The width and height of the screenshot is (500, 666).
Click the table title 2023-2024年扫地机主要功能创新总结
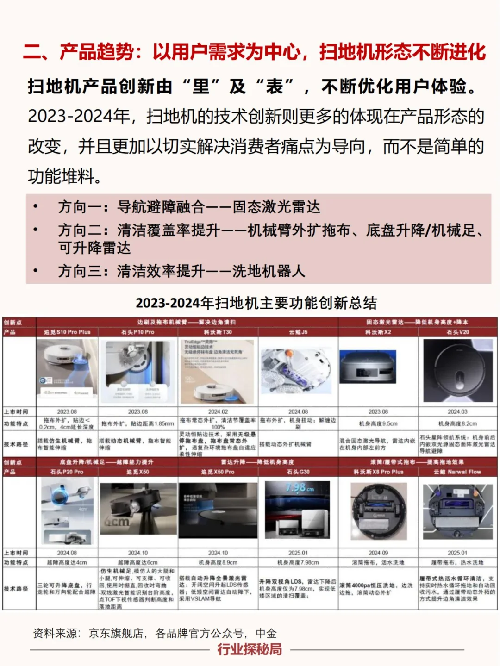click(x=256, y=303)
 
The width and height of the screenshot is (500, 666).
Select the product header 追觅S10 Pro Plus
click(x=67, y=332)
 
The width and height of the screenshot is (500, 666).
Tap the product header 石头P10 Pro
click(x=137, y=332)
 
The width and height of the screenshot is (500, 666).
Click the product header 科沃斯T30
click(x=218, y=332)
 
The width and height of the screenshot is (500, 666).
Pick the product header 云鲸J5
click(x=298, y=332)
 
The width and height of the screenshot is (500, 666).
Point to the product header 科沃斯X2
click(x=378, y=332)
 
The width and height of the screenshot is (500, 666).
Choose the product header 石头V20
click(x=457, y=332)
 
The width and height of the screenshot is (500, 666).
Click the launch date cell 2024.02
click(x=218, y=411)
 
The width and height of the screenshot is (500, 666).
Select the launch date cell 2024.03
click(x=457, y=411)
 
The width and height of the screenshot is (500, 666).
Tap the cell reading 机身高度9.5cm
click(x=378, y=423)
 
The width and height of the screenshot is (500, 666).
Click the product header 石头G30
click(x=298, y=472)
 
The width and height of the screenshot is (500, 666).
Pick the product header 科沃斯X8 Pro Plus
click(x=378, y=472)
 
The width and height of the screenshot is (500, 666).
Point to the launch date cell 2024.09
click(x=378, y=553)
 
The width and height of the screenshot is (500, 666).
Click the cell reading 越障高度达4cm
click(x=67, y=562)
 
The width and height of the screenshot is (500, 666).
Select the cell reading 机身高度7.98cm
click(x=298, y=562)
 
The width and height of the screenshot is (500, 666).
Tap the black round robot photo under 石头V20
click(x=457, y=371)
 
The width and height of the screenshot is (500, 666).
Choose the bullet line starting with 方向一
click(x=189, y=207)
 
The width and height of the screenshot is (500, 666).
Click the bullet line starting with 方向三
click(x=181, y=271)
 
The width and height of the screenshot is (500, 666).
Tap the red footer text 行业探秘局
click(x=250, y=649)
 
